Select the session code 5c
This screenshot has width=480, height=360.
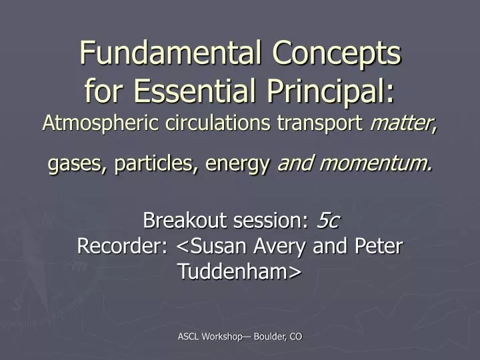(328, 219)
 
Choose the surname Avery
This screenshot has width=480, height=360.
(286, 247)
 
